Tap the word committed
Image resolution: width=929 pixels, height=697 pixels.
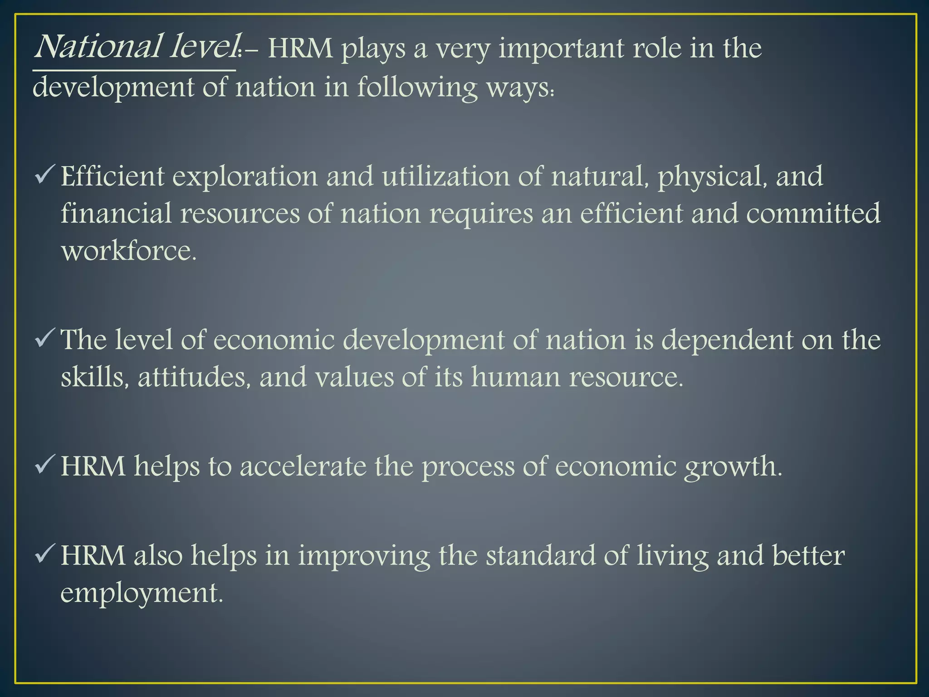pyautogui.click(x=813, y=213)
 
